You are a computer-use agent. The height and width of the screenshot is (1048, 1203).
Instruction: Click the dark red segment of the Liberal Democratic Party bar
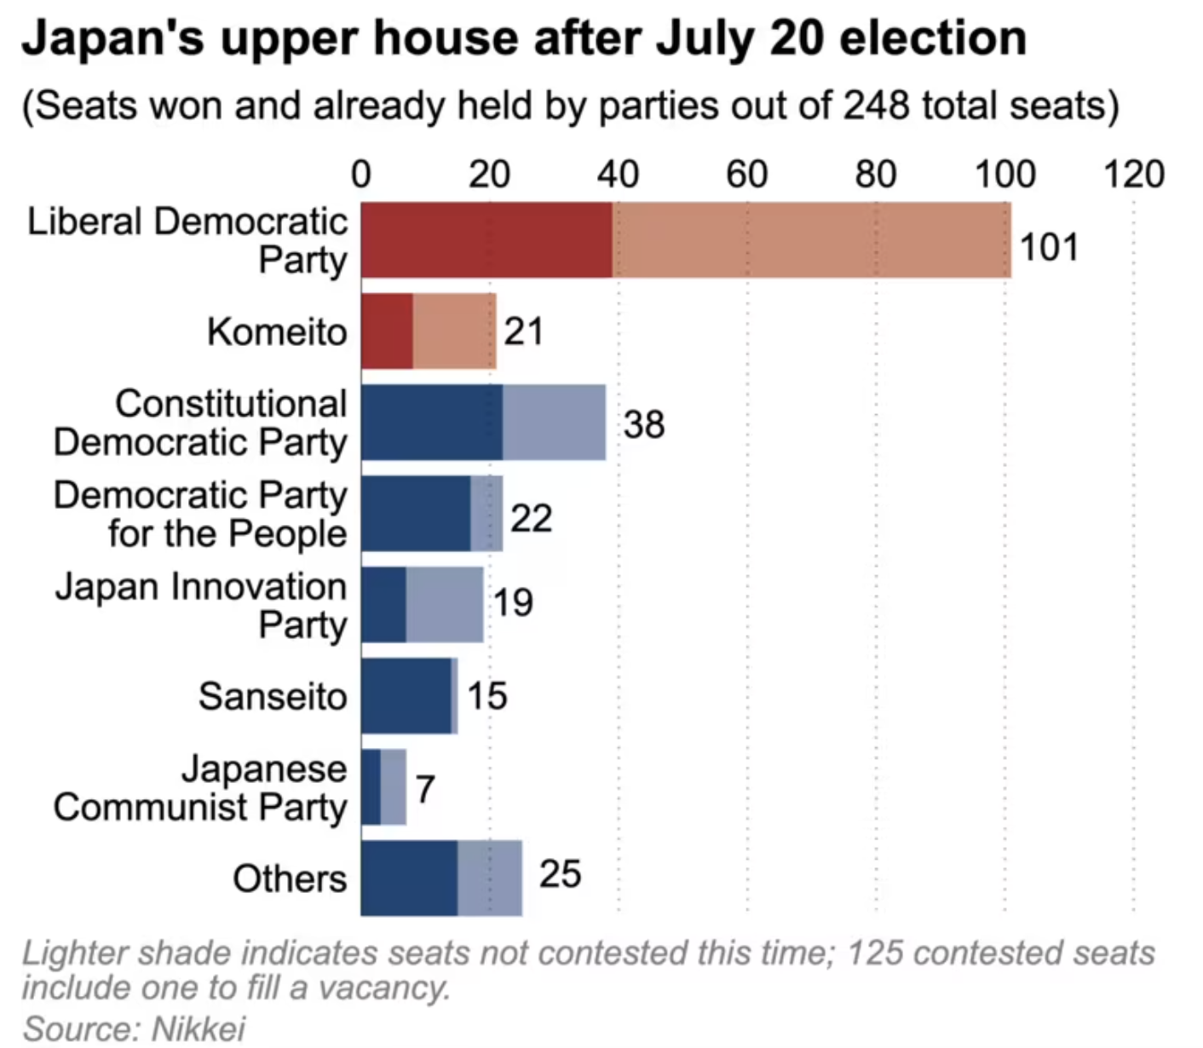486,239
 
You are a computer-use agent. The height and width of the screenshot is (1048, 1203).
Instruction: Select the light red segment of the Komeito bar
454,331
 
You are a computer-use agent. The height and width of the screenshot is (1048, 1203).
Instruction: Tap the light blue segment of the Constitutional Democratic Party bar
554,422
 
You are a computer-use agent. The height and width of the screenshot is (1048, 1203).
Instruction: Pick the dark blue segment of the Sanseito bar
406,695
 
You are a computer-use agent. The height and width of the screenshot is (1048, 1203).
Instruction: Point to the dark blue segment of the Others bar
409,878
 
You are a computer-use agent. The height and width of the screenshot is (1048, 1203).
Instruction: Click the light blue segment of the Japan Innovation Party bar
444,604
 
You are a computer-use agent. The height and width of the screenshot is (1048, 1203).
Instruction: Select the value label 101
1049,247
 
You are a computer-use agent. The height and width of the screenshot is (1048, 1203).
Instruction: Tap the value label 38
644,424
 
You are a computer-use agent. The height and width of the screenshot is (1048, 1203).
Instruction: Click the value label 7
425,789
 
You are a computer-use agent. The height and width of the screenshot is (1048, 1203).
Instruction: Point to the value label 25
560,874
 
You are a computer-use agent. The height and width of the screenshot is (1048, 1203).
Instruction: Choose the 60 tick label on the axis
746,175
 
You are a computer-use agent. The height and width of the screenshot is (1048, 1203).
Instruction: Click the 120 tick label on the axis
1133,175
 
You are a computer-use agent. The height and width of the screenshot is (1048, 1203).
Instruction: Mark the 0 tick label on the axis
361,175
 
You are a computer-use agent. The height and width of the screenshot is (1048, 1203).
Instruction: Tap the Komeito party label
277,331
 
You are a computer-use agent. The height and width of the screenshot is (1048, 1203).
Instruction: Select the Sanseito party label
273,696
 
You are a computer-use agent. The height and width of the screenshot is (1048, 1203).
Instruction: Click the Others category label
290,878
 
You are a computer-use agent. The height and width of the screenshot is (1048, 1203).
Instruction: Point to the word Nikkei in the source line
198,1028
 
